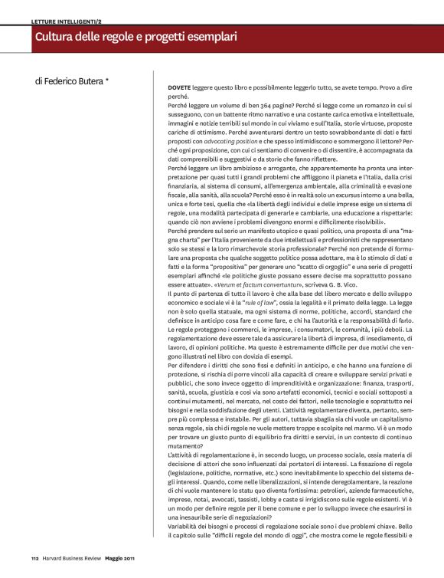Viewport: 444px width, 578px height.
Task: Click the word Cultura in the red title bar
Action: coord(57,37)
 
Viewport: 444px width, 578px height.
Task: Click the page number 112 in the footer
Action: coord(35,557)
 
